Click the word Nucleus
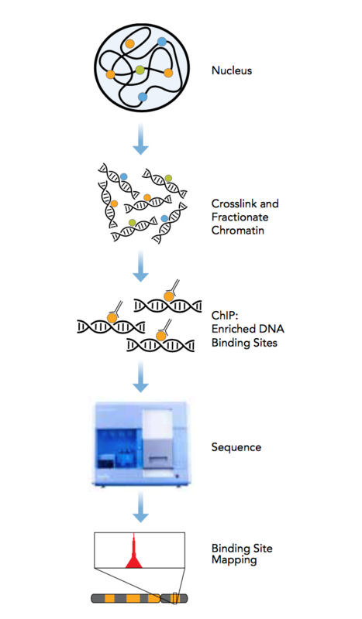coord(232,70)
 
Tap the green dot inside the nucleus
coord(140,70)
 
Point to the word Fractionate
coord(240,217)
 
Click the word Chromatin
coord(238,230)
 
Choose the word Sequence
coord(236,447)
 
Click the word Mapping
coord(234,559)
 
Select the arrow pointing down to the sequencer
coord(140,377)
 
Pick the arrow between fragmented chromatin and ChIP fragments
coord(140,266)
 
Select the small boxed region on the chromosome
coord(174,598)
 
